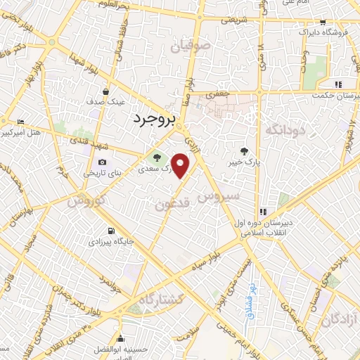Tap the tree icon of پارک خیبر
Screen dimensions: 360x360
[245, 150]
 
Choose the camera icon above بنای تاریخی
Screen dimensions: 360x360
[103, 162]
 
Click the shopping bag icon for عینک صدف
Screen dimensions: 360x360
[105, 91]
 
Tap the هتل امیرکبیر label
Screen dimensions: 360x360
[21, 132]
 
